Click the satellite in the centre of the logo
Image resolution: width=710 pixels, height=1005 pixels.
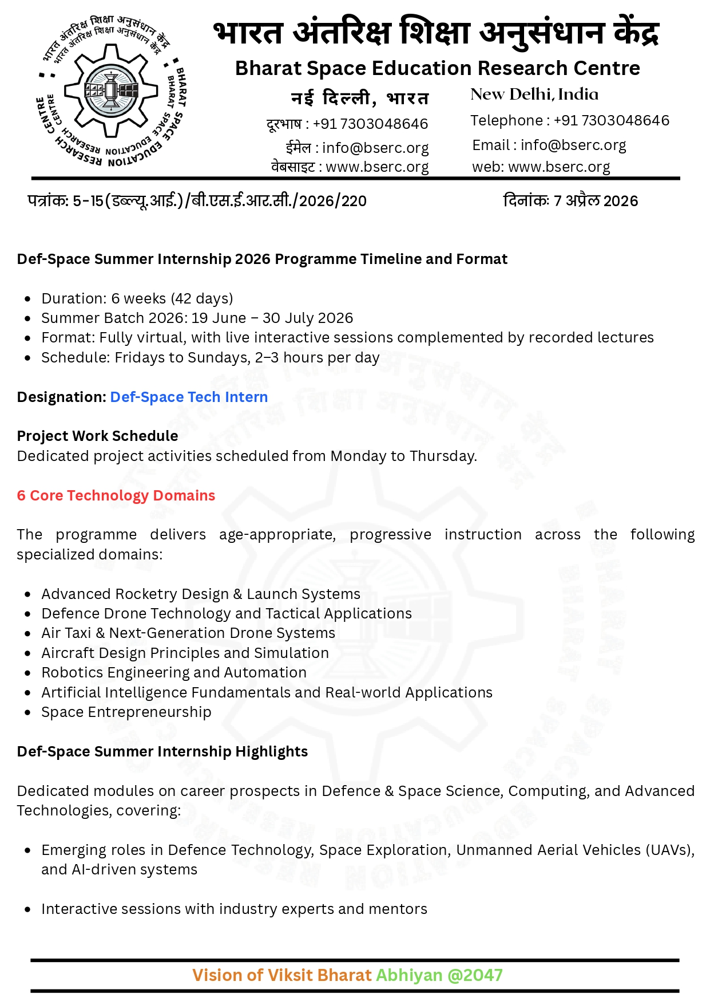111,90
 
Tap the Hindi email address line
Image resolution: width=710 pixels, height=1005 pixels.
358,148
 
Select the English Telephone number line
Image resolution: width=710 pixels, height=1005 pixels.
569,120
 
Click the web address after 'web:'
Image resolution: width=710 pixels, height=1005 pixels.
559,167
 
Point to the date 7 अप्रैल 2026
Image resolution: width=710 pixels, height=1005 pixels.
596,201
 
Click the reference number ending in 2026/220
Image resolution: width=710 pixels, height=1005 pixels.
197,201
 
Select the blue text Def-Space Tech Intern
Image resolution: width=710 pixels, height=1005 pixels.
189,397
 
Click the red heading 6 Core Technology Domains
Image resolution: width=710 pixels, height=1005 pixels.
116,495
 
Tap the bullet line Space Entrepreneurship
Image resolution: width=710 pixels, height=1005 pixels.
126,712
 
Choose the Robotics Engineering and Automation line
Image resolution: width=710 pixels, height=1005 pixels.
174,672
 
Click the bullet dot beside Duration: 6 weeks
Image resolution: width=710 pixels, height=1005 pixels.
28,299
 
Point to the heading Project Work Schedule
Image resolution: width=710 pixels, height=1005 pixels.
97,436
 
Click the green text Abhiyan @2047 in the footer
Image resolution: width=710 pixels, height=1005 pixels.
439,975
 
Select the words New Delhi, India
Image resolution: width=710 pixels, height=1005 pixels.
534,94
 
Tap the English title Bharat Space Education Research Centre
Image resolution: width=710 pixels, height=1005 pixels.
437,68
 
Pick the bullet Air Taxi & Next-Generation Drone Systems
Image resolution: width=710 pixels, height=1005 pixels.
188,633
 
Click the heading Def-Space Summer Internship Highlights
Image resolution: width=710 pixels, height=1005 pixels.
162,751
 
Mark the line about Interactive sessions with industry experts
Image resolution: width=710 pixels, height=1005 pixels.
234,909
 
